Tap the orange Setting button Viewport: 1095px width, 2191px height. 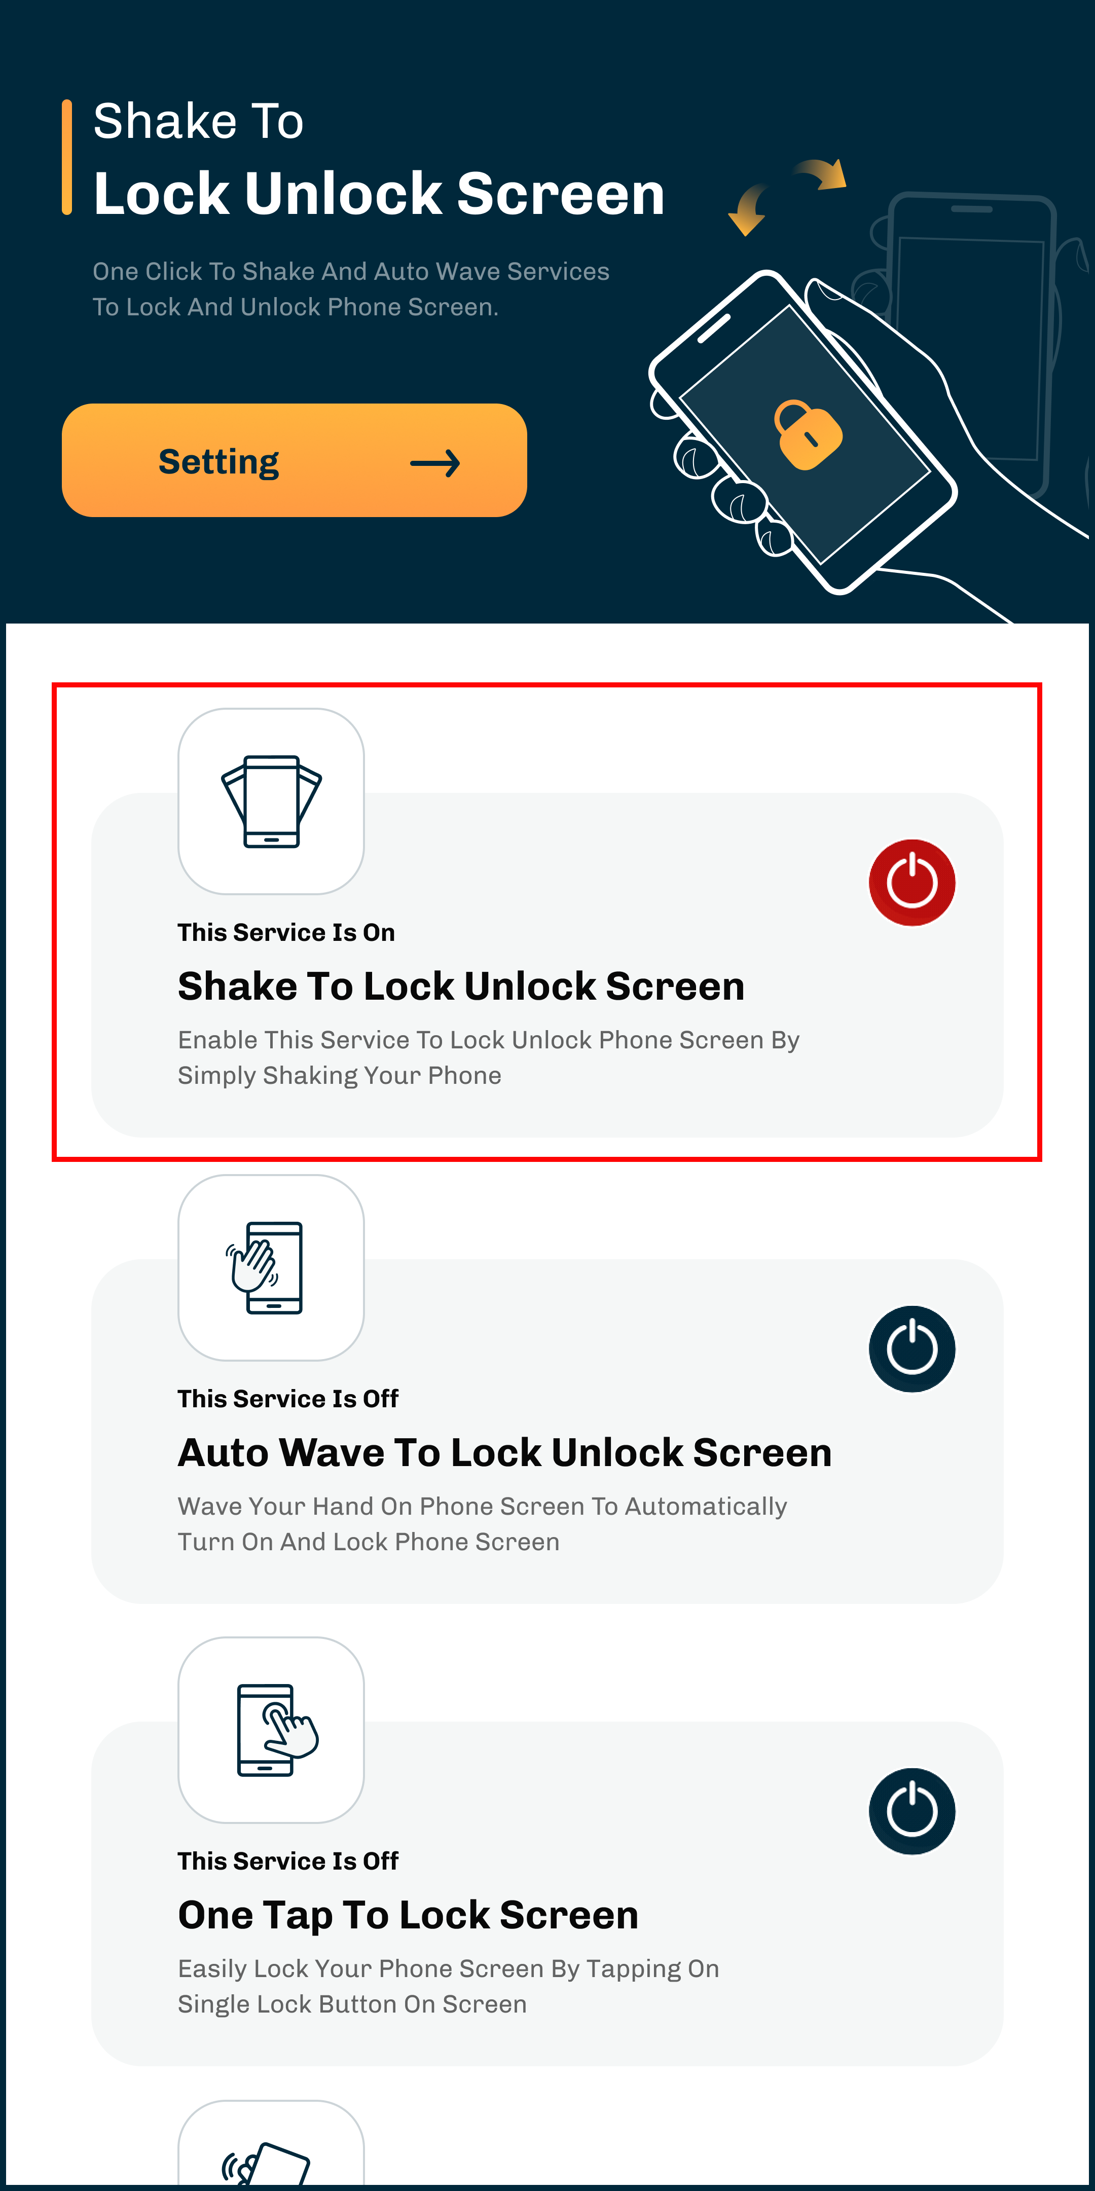point(295,460)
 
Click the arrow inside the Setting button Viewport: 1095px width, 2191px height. point(435,463)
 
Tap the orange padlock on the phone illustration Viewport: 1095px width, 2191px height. point(808,434)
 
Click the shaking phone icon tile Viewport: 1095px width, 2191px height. point(271,801)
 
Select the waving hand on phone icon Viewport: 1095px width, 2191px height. point(271,1267)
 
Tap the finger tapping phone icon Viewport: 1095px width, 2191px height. point(271,1730)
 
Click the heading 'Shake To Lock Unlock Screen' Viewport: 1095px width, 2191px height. point(461,987)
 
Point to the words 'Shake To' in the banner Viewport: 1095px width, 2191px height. point(198,121)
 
